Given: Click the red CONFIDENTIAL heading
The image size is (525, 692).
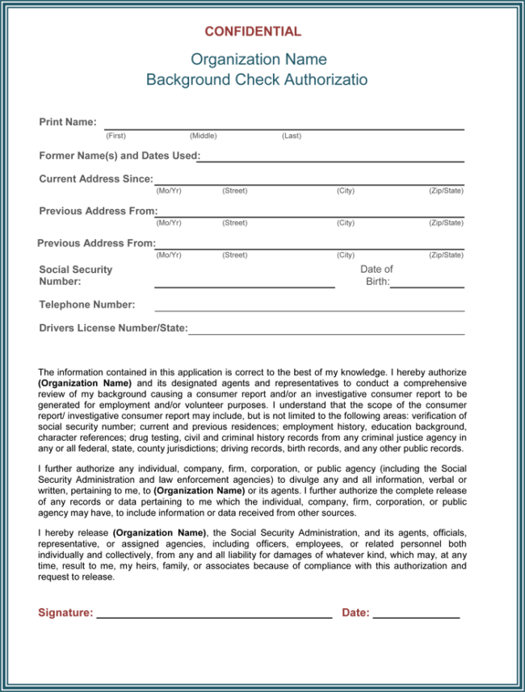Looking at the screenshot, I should point(253,31).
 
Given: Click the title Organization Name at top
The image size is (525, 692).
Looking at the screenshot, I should point(258,60).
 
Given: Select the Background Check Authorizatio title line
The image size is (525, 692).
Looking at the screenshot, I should point(256,80).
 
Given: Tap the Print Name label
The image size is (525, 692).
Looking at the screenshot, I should point(68,122).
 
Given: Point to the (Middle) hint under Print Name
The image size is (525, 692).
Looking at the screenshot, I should point(203,136).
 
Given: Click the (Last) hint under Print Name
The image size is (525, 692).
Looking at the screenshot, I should point(292,136).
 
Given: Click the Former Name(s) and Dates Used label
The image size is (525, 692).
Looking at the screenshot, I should point(119,155).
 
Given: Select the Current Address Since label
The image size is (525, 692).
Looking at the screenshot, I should point(95,178).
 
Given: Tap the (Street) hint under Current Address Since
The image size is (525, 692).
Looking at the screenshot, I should point(234,191).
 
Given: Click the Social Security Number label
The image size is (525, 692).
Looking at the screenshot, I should point(75,275).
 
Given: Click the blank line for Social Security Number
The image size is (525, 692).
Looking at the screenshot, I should point(244,286).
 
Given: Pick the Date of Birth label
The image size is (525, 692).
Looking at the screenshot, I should point(376,275).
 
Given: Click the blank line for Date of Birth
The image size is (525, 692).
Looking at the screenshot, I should point(427,286).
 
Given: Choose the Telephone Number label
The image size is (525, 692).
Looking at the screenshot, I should point(86,304).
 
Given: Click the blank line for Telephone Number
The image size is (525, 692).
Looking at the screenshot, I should point(309,310).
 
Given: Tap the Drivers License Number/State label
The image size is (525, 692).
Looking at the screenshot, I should point(113,328).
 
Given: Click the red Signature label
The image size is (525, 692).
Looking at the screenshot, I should point(65,613).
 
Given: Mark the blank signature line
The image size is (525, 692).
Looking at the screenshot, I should point(214,617).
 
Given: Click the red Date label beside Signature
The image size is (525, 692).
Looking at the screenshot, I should point(355,613).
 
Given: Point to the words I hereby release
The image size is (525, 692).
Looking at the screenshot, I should point(73,533).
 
